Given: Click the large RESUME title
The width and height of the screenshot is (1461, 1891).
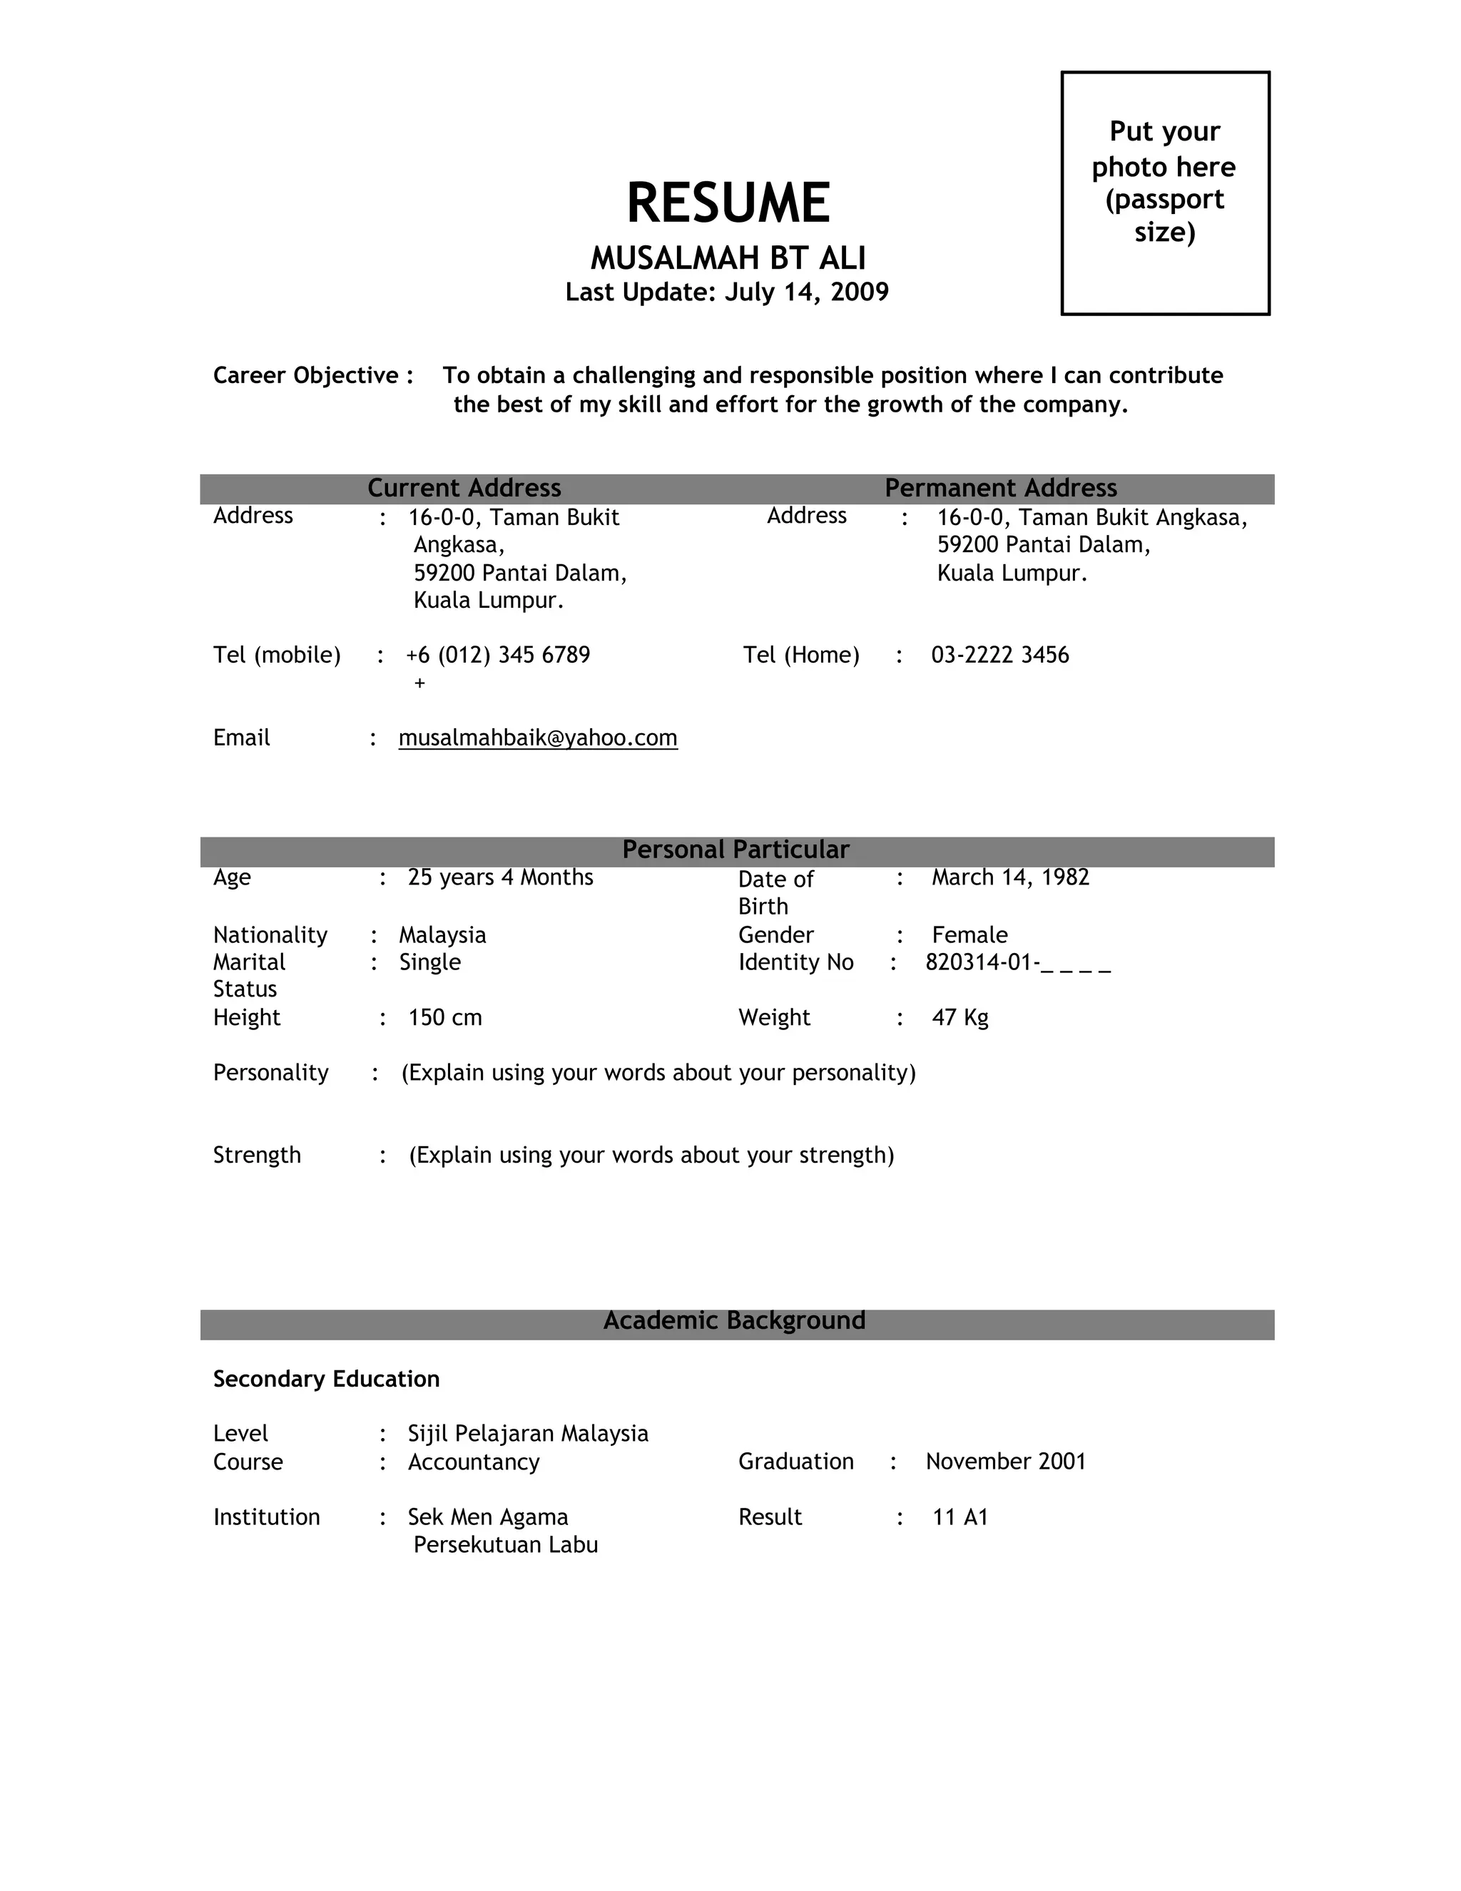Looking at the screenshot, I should (x=728, y=203).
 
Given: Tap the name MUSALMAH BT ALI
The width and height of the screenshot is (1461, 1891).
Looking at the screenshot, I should (x=728, y=258).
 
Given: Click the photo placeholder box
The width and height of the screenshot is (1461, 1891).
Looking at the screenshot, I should (x=1165, y=193).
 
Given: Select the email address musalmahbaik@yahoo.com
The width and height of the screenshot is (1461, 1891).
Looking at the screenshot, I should (x=538, y=738).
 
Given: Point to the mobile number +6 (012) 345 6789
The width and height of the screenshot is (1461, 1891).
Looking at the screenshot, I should (x=498, y=655).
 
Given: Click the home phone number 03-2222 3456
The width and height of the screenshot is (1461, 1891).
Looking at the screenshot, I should (x=1000, y=655).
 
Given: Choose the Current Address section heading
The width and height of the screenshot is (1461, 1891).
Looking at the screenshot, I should (x=464, y=489).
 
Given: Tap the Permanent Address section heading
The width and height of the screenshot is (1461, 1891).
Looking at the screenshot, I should (x=1000, y=489).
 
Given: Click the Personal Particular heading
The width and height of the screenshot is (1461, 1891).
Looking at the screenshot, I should (x=735, y=850).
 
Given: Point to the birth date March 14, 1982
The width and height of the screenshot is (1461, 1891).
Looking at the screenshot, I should (x=1010, y=877).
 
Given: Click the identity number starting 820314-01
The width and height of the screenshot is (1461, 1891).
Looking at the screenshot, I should (x=1017, y=962).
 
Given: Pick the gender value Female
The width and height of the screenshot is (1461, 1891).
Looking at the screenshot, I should (x=969, y=935).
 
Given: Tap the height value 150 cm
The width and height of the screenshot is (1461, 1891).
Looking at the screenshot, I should (x=445, y=1017).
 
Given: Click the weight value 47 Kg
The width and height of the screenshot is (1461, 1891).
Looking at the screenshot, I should (x=959, y=1017).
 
